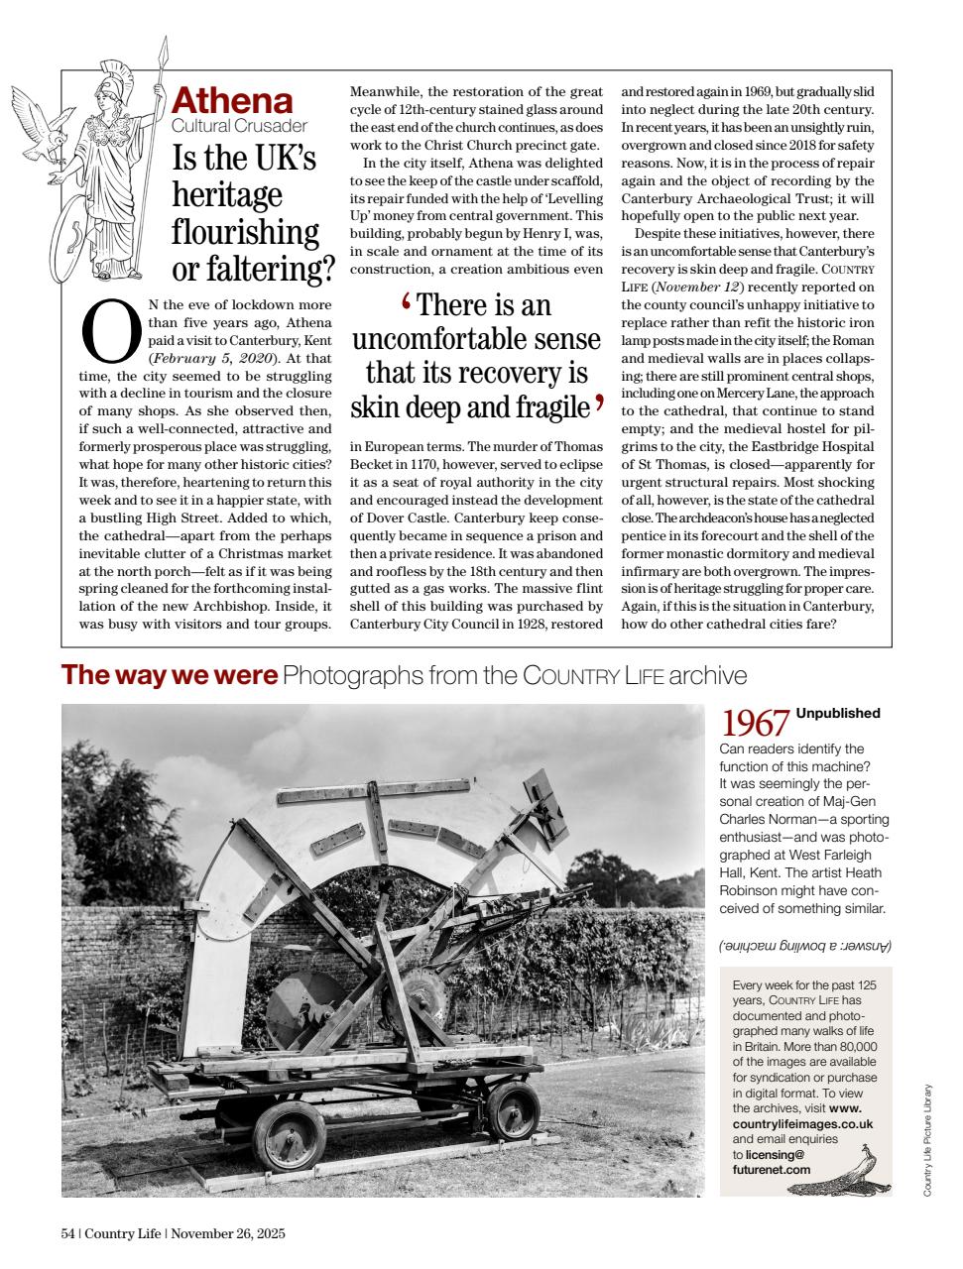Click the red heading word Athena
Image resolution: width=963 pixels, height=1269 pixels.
coord(232,101)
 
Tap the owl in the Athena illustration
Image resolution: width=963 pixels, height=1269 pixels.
coord(50,128)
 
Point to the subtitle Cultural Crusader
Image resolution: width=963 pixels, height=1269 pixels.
coord(239,126)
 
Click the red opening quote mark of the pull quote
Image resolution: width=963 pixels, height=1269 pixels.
coord(406,301)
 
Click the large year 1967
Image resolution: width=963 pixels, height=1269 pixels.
coord(755,723)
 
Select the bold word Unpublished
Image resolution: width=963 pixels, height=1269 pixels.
coord(838,713)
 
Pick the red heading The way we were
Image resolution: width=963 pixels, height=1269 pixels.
coord(170,675)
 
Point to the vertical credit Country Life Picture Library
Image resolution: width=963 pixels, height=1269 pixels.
coord(926,1139)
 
